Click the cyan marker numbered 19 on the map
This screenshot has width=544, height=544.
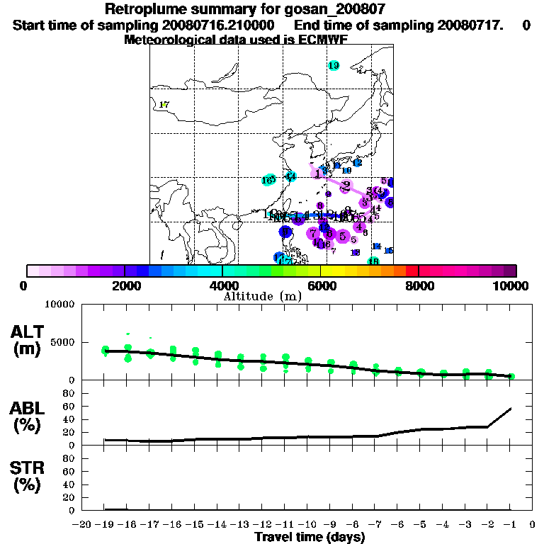tap(334, 66)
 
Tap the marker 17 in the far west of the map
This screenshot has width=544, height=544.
tap(164, 105)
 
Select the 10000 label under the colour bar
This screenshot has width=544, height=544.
tap(511, 285)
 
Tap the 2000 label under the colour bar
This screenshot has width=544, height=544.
tap(125, 285)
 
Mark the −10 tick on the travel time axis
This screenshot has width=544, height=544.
tap(307, 525)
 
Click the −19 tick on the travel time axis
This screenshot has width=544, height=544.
tap(104, 525)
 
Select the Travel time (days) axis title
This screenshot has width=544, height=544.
tap(310, 538)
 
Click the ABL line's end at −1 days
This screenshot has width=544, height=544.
tap(511, 408)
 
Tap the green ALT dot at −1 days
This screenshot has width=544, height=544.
tap(511, 377)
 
